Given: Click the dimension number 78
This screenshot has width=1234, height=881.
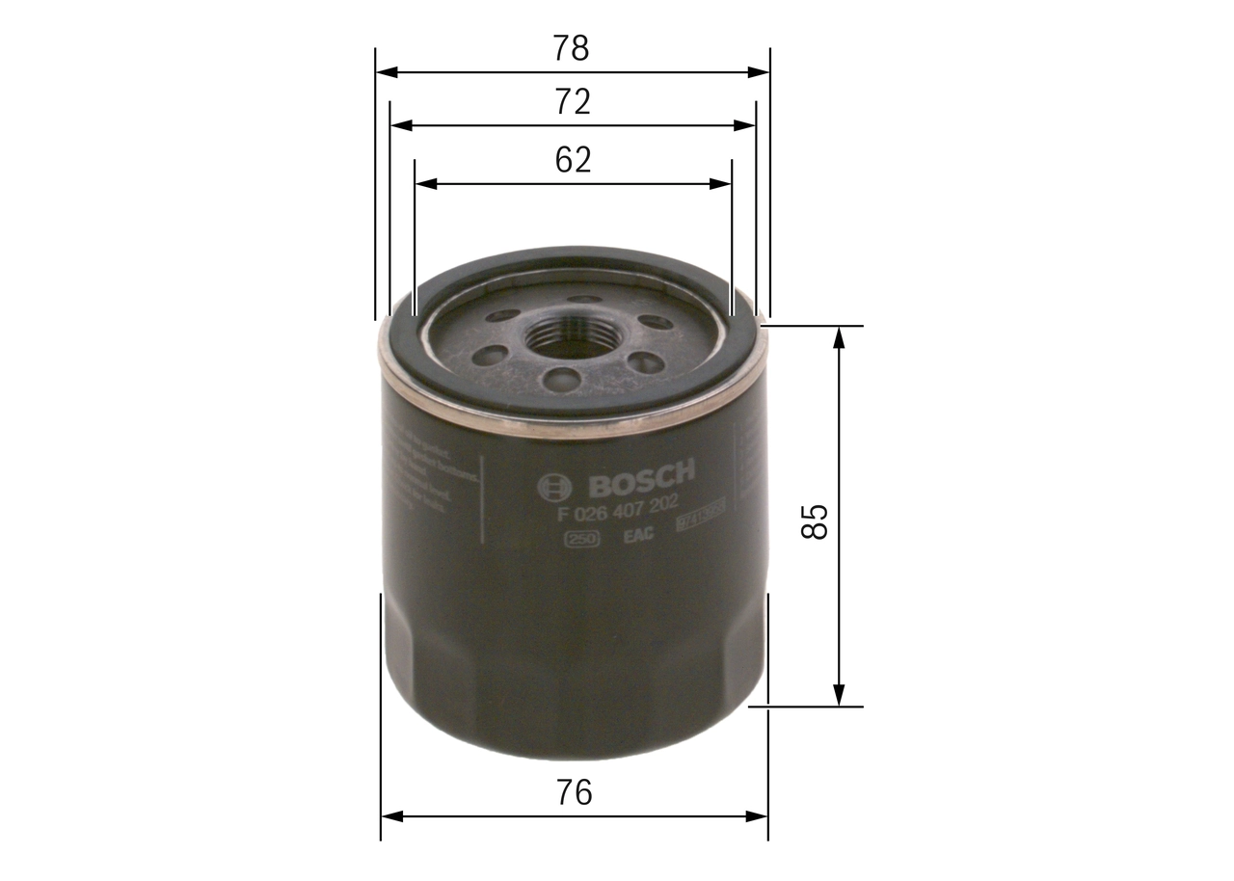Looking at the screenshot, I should point(572,47).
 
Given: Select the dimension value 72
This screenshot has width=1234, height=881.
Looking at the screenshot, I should point(572,101).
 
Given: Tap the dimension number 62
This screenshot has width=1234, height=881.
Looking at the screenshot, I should point(572,159).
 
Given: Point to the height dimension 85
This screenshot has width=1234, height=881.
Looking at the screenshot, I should point(817,521).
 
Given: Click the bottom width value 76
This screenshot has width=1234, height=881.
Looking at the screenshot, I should point(574,792).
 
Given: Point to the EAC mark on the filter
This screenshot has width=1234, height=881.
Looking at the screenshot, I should point(638,535).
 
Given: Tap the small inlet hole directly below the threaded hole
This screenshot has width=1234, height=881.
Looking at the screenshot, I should point(561,378).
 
